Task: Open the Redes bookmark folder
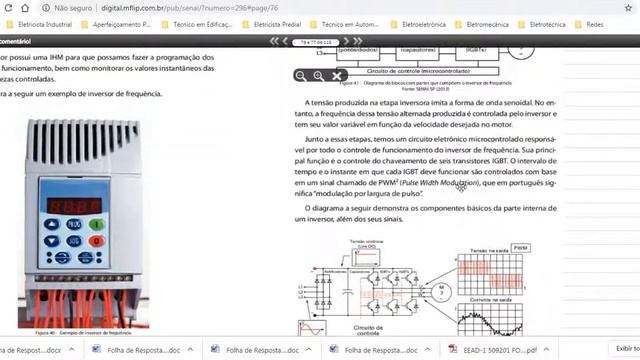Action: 620,23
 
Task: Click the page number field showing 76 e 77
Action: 309,43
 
